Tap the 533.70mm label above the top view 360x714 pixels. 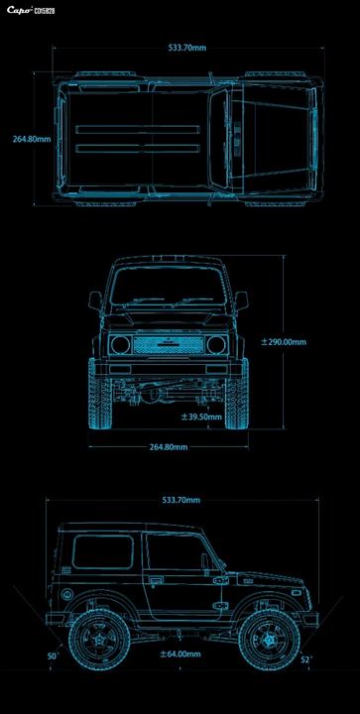(x=187, y=47)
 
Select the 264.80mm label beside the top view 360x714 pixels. (x=32, y=139)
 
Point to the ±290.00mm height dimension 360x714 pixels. (x=284, y=341)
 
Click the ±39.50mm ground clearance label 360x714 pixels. (x=201, y=416)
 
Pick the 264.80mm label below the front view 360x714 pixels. (x=169, y=446)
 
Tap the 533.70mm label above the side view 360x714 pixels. (x=181, y=500)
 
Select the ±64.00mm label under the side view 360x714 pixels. (x=180, y=654)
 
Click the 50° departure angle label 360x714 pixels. (x=54, y=656)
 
